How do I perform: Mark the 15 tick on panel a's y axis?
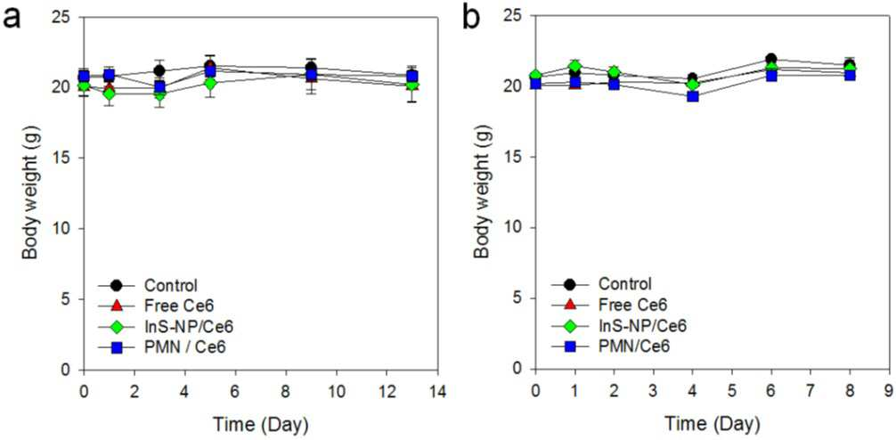[68, 158]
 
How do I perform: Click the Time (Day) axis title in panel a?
[261, 425]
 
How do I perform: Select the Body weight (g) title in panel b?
[484, 192]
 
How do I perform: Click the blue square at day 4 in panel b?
[693, 96]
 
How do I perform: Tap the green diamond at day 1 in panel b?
[574, 66]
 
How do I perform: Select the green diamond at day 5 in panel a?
[210, 84]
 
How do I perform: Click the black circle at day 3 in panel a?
[160, 71]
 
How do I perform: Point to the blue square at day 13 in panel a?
[412, 76]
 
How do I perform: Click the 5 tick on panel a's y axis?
[71, 299]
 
